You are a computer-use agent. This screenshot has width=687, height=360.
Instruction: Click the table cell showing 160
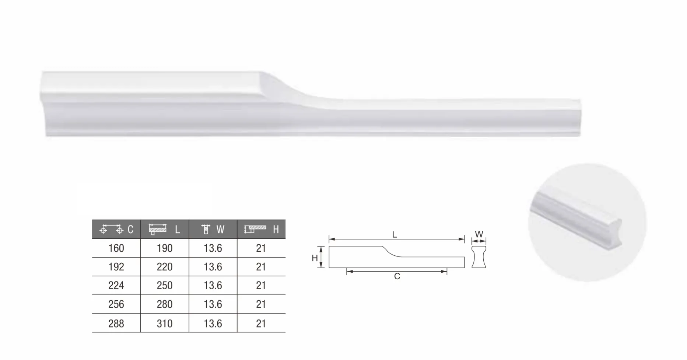click(116, 248)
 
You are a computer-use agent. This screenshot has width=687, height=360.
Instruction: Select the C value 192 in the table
click(116, 267)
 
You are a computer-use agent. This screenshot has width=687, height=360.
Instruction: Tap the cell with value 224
click(116, 286)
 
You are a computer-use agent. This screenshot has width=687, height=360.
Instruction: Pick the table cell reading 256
click(116, 304)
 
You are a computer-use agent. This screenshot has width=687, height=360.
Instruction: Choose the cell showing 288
click(116, 324)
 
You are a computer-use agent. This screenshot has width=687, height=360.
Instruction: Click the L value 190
click(165, 248)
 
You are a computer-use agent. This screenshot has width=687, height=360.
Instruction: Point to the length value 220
click(165, 267)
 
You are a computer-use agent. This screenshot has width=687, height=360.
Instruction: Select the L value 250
click(165, 286)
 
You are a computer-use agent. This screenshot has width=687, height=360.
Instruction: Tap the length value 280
click(165, 304)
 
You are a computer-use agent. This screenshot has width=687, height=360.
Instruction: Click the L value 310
click(165, 324)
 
